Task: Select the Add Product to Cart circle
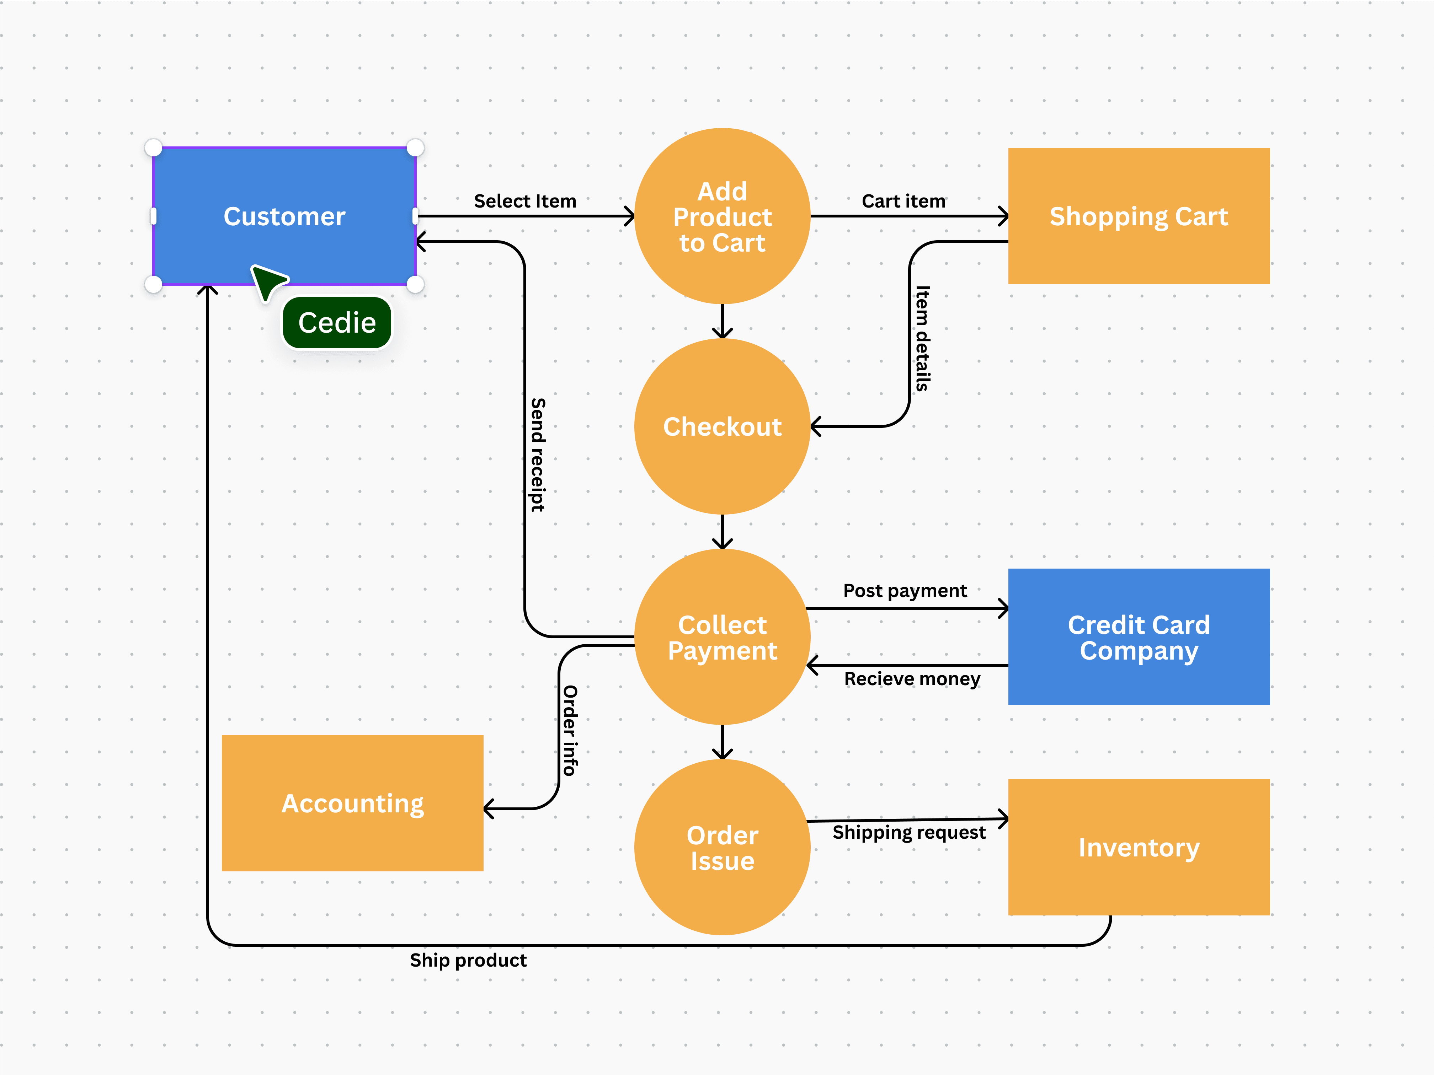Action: (722, 216)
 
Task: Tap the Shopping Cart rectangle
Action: (1139, 216)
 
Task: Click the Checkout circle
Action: (722, 426)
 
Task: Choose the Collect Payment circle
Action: (722, 637)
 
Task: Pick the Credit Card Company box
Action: (1139, 637)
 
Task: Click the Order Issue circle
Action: (722, 848)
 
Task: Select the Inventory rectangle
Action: (1139, 848)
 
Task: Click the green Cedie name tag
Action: (336, 323)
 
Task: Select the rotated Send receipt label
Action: (537, 455)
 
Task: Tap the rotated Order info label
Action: (569, 730)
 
